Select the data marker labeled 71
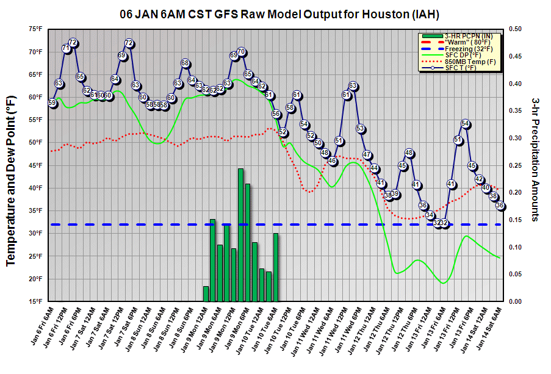pos(66,48)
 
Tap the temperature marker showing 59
pos(52,103)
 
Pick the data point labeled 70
pos(241,52)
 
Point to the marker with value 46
pos(333,161)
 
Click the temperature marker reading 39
pos(395,194)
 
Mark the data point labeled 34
pos(430,215)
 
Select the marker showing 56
pos(276,113)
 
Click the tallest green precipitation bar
pos(240,235)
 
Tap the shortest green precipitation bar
pos(206,293)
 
